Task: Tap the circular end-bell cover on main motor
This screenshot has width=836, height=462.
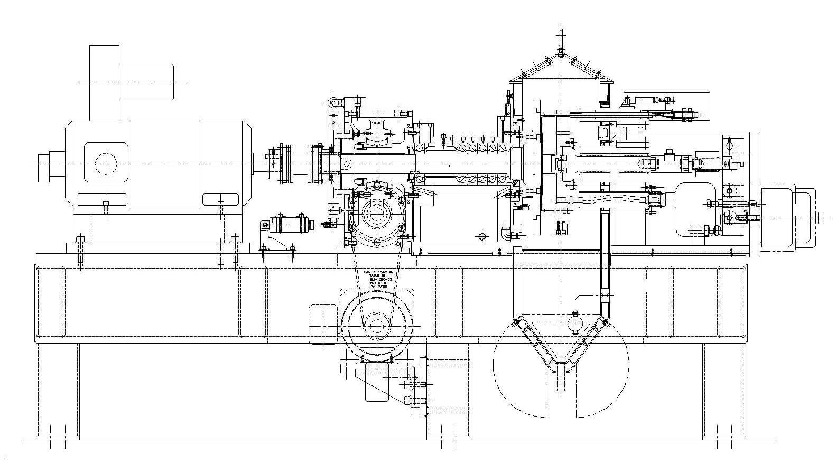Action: [106, 163]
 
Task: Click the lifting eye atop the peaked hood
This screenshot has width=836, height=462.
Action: [561, 37]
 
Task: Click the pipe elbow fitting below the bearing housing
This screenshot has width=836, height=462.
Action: [506, 233]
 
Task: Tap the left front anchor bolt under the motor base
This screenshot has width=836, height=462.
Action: [80, 253]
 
